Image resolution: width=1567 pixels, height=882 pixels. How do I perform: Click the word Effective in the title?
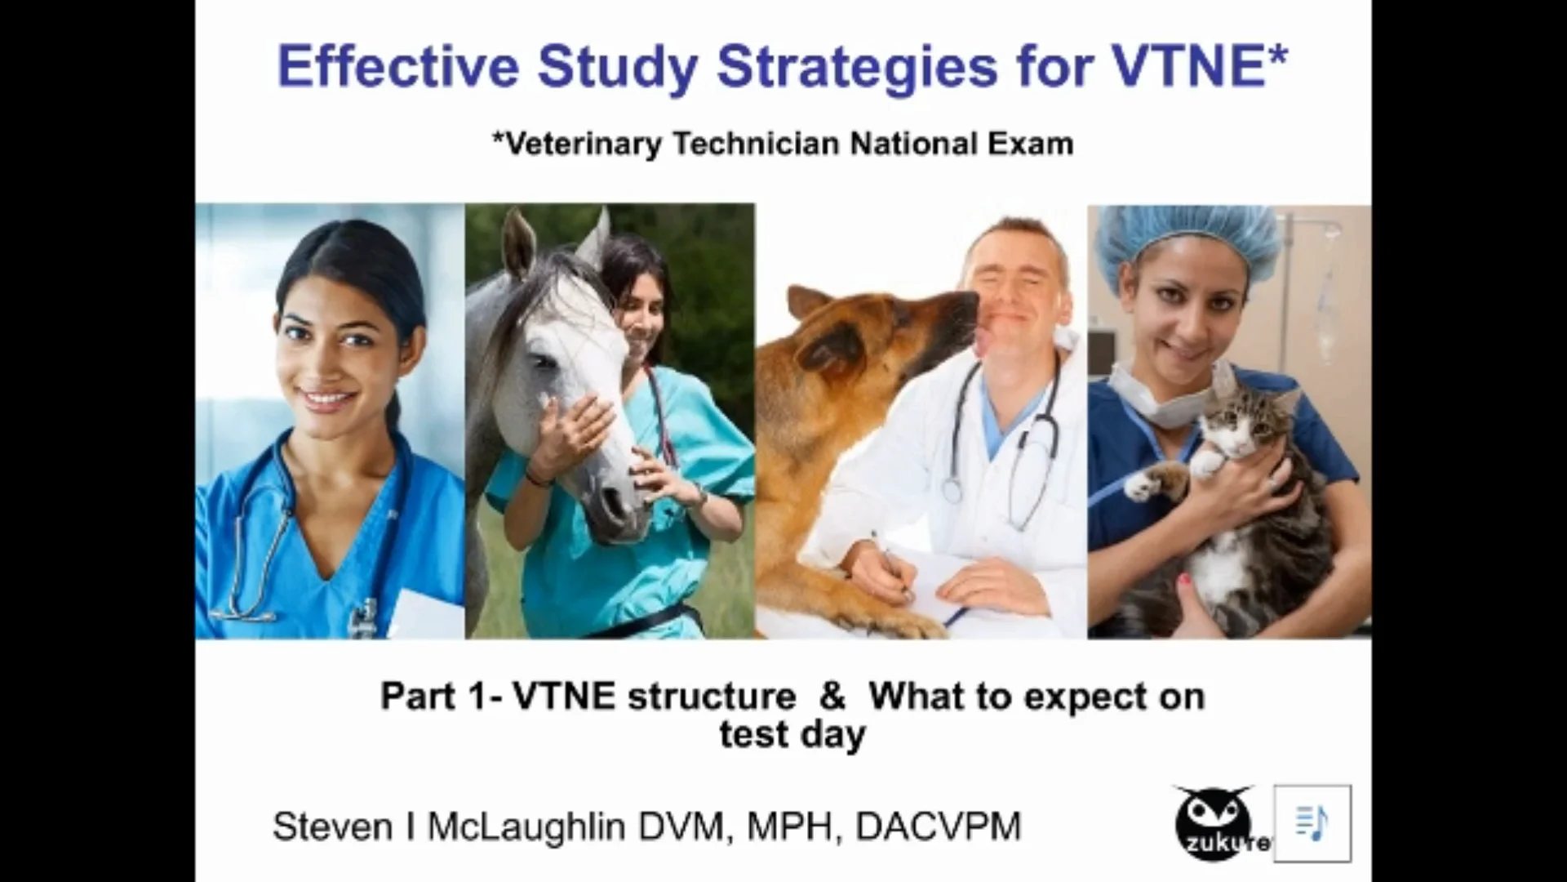(398, 67)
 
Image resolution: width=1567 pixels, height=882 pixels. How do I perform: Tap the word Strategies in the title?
(857, 69)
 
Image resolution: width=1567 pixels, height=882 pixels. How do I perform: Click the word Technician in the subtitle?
(756, 144)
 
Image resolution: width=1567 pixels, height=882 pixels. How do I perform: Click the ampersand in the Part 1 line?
(832, 697)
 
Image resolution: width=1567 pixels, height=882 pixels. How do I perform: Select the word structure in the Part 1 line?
(712, 697)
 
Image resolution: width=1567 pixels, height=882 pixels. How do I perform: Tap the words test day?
(792, 734)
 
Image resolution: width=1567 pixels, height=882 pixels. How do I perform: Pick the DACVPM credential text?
(939, 826)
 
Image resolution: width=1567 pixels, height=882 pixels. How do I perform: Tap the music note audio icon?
(1312, 823)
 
